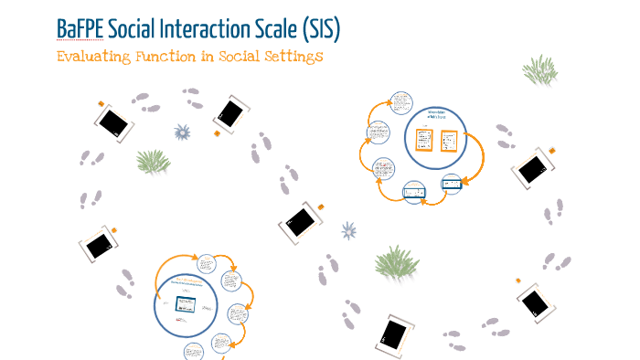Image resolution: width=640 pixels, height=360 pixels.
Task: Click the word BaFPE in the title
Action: [79, 30]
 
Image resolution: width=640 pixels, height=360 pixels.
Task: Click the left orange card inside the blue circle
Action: [423, 140]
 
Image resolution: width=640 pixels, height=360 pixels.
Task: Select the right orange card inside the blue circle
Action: [448, 140]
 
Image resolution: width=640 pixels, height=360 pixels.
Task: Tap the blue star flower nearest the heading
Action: [182, 132]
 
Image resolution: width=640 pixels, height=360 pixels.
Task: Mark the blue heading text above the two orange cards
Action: [435, 114]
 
